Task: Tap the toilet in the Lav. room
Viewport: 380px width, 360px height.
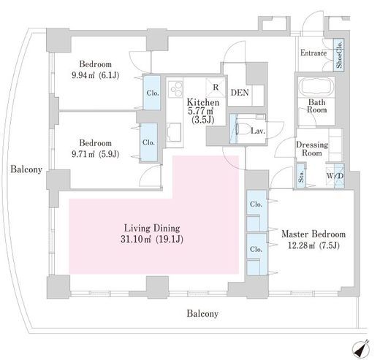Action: click(243, 129)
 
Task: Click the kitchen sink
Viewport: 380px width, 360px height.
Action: click(174, 132)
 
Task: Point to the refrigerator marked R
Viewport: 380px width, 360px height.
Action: click(216, 88)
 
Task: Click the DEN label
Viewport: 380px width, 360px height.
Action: click(240, 93)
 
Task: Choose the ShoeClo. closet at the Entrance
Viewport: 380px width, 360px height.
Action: click(339, 55)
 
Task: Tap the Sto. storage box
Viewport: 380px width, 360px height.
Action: click(301, 176)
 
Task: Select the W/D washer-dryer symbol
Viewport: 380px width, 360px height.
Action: click(335, 175)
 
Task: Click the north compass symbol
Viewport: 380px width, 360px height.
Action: click(361, 348)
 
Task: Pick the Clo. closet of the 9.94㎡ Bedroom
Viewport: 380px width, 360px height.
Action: click(152, 93)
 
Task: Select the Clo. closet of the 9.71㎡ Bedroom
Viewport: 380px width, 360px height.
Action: click(148, 142)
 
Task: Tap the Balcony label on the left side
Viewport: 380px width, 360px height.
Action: click(26, 169)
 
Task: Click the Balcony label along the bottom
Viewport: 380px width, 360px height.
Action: click(202, 313)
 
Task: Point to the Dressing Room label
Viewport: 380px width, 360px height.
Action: click(312, 149)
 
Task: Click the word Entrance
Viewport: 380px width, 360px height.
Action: click(313, 53)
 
